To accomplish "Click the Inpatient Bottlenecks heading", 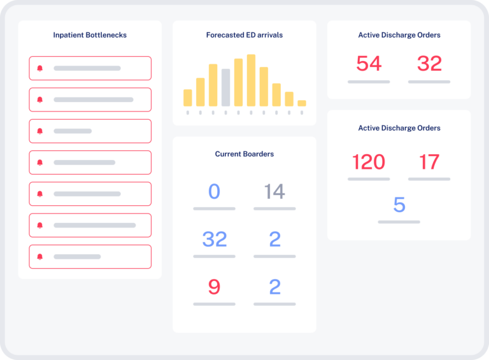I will (90, 35).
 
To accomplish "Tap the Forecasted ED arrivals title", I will (244, 35).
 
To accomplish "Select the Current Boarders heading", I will (244, 154).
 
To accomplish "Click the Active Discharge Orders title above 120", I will (399, 128).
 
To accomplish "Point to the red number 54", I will (369, 64).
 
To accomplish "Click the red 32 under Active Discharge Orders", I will (429, 64).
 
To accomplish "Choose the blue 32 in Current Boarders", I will (215, 239).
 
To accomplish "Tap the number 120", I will (369, 162).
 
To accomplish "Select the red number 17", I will (429, 162).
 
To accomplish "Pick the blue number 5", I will (399, 205).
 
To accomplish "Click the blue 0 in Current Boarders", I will (214, 191).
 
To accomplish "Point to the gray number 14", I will (274, 191).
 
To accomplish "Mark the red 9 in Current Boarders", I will (214, 287).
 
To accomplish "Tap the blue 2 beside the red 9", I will (274, 287).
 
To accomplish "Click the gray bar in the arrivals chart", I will (225, 87).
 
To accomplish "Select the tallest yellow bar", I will (251, 80).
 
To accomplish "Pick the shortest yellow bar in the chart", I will (302, 103).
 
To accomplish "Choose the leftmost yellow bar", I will (188, 97).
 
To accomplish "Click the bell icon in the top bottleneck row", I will (40, 68).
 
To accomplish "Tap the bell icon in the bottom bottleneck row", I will (40, 257).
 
